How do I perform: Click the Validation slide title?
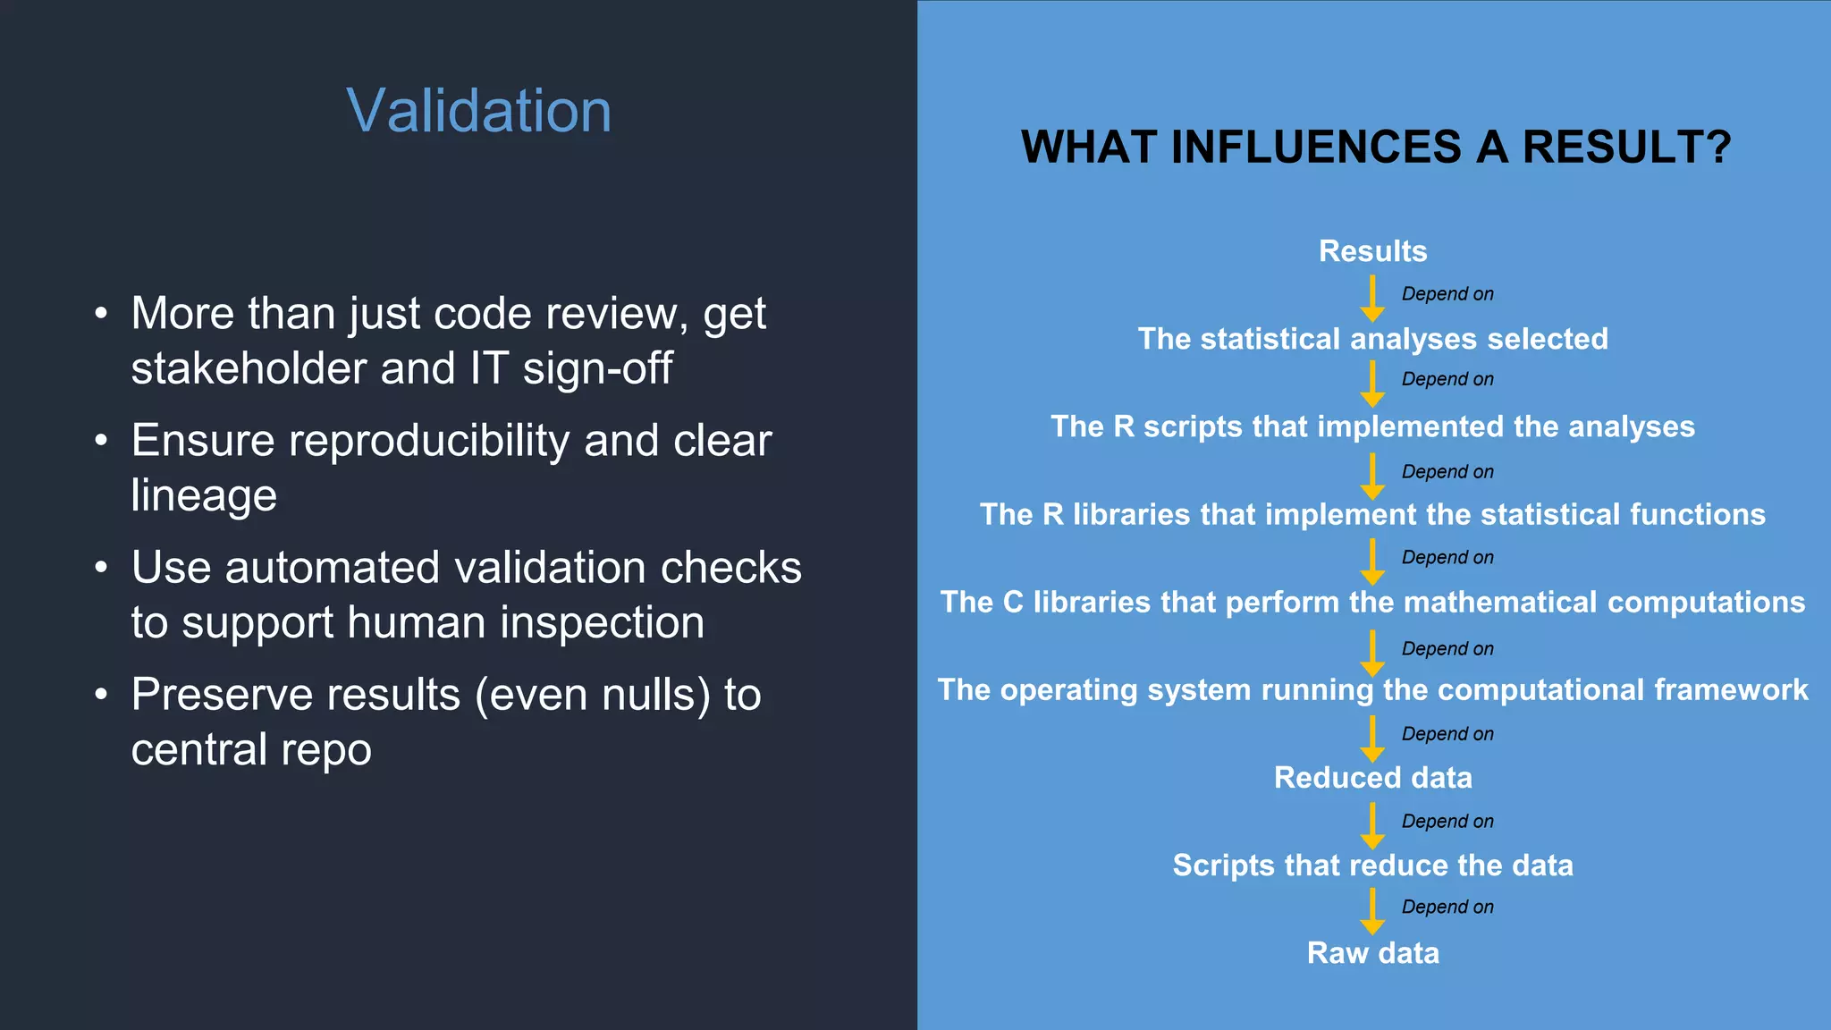pyautogui.click(x=478, y=111)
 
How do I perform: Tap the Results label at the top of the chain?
pyautogui.click(x=1372, y=251)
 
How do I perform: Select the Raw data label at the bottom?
pyautogui.click(x=1372, y=953)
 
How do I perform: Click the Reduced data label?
pyautogui.click(x=1372, y=778)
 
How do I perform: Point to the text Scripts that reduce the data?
pyautogui.click(x=1372, y=865)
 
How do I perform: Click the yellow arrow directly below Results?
pyautogui.click(x=1372, y=299)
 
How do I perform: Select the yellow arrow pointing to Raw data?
pyautogui.click(x=1372, y=912)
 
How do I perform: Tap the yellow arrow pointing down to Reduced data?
pyautogui.click(x=1372, y=739)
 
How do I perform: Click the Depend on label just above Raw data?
pyautogui.click(x=1447, y=907)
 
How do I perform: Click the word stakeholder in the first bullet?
pyautogui.click(x=249, y=369)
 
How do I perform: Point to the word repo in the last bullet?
pyautogui.click(x=325, y=750)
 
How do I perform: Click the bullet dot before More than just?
pyautogui.click(x=101, y=315)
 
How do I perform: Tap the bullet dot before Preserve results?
pyautogui.click(x=101, y=695)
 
